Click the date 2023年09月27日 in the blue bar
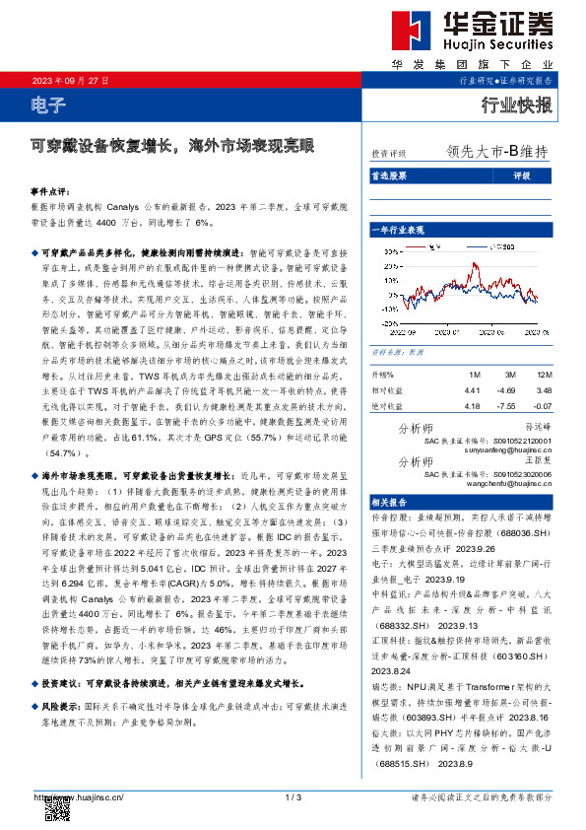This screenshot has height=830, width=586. tap(71, 80)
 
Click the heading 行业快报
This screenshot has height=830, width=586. tap(515, 105)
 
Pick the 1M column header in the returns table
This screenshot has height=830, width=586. tap(474, 376)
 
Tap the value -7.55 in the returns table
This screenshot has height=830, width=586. tap(507, 405)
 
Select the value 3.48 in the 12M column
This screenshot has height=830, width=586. tap(543, 390)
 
